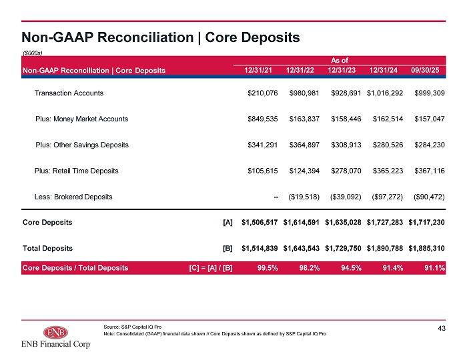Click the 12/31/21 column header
coord(258,70)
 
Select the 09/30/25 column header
coord(425,70)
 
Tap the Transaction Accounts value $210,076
coord(263,93)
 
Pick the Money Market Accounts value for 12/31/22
coord(304,119)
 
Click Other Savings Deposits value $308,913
coord(346,145)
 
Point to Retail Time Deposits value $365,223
coord(388,171)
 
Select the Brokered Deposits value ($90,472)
coord(429,197)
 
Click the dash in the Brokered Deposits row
coord(276,197)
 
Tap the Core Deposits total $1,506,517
coord(260,222)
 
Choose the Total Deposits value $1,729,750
coord(343,248)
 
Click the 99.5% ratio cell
coord(268,268)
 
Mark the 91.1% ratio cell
coord(434,268)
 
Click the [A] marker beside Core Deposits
coord(228,223)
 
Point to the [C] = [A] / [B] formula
coord(211,268)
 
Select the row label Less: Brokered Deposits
coord(73,197)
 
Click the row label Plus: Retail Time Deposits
coord(76,171)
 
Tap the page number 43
coord(442,328)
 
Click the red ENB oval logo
coord(55,332)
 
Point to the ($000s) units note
coord(33,53)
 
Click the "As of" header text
coord(340,61)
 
